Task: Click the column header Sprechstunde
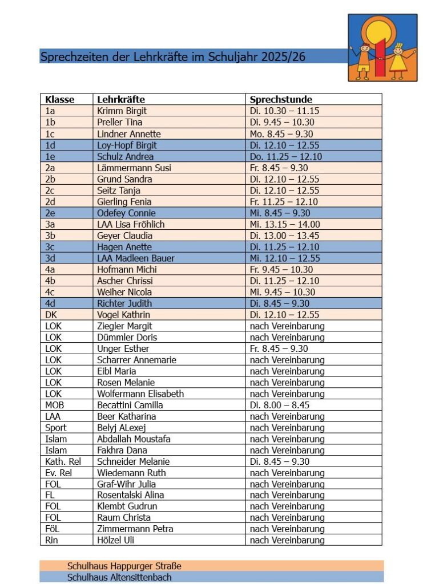281,100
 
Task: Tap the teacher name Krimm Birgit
122,111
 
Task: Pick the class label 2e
50,213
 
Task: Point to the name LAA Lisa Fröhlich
131,224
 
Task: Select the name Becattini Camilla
130,405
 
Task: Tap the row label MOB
55,405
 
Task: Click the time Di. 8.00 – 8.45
280,405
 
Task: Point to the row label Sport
55,428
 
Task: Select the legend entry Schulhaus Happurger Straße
124,566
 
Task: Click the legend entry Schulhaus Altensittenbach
119,577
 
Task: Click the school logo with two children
382,48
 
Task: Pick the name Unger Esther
123,348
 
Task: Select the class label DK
50,315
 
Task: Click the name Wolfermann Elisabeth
140,394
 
